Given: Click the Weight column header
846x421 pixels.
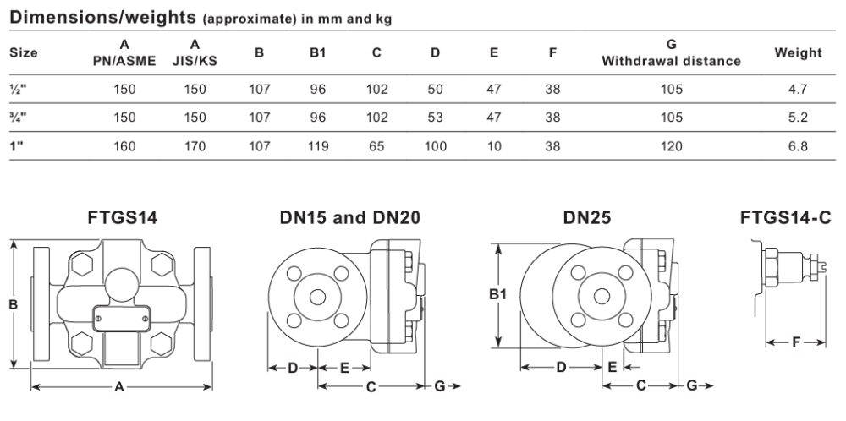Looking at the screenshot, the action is click(x=798, y=52).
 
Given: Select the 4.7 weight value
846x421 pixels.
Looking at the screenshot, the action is click(x=798, y=89).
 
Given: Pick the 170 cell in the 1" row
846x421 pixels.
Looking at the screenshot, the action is click(x=195, y=146).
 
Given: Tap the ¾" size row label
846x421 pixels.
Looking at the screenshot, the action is click(x=18, y=118).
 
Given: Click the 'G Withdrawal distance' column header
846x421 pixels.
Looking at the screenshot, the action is click(x=671, y=52).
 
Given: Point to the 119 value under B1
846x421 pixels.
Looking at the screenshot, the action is click(x=318, y=146).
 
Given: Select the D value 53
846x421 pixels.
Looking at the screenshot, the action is click(x=436, y=118).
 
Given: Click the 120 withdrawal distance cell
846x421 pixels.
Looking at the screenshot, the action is click(x=671, y=146).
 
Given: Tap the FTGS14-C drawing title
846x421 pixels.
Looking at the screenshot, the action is click(x=786, y=218).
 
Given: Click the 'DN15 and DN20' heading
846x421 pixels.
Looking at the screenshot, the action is click(x=349, y=218).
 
